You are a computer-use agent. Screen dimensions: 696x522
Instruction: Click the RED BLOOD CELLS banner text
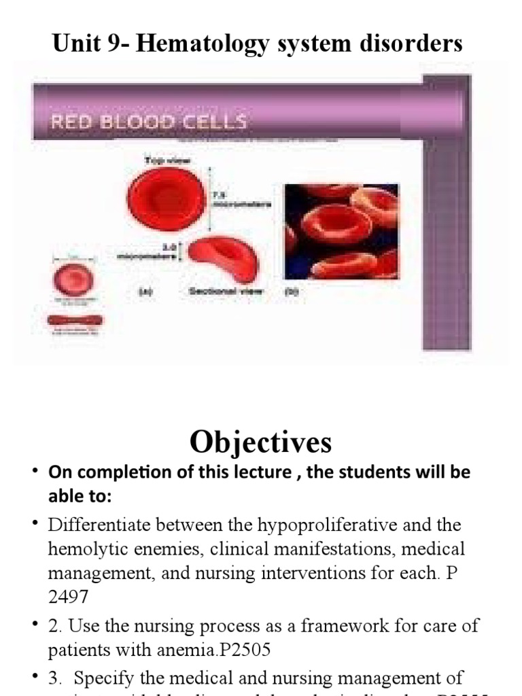[x=148, y=123]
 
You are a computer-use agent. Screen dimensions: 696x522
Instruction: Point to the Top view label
[x=167, y=160]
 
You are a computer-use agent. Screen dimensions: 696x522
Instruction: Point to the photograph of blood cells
[x=341, y=231]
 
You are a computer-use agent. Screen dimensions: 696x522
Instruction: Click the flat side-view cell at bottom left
[x=75, y=319]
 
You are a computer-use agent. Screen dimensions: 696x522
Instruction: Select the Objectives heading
[x=261, y=442]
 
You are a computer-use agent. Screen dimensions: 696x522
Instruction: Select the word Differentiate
[x=99, y=525]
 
